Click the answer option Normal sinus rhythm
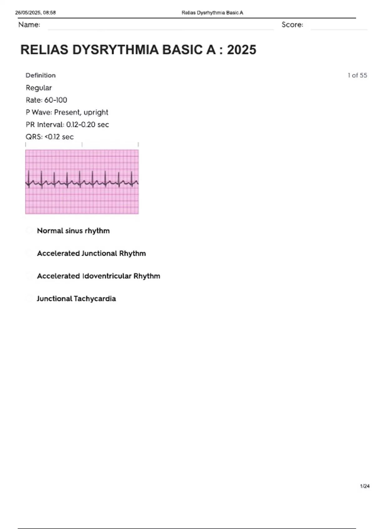coord(73,231)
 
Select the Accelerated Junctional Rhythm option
coord(91,253)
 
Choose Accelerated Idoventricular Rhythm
coord(98,276)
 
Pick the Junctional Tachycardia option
coord(76,299)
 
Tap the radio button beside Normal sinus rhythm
coord(30,231)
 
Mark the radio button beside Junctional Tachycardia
coord(30,299)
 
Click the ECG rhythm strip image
coord(82,182)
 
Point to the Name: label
coord(29,25)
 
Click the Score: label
coord(292,25)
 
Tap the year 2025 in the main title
coord(242,50)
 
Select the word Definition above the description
coord(41,75)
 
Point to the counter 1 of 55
coord(357,75)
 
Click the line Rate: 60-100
coord(46,100)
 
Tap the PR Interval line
coord(67,124)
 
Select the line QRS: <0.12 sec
coord(50,137)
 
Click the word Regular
coord(39,88)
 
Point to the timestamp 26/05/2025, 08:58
coord(35,13)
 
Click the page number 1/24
coord(365,486)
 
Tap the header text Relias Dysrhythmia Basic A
coord(212,13)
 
